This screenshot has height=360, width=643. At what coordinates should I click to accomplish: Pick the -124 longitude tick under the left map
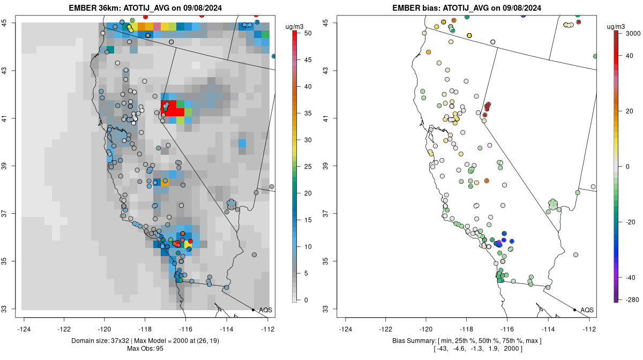(24, 329)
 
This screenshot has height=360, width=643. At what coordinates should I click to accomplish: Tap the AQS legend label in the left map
(266, 310)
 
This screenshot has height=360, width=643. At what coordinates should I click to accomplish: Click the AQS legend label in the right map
(587, 310)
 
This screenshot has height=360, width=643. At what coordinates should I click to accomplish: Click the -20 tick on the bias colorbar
(629, 222)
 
